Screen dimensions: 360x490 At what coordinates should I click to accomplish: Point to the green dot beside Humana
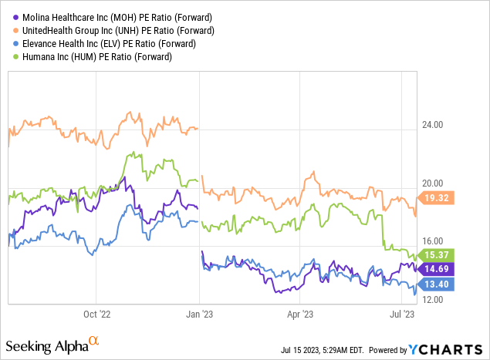(x=11, y=57)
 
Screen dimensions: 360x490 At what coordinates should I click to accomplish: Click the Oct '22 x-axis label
(x=98, y=314)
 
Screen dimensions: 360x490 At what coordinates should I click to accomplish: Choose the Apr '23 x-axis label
(x=300, y=314)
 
